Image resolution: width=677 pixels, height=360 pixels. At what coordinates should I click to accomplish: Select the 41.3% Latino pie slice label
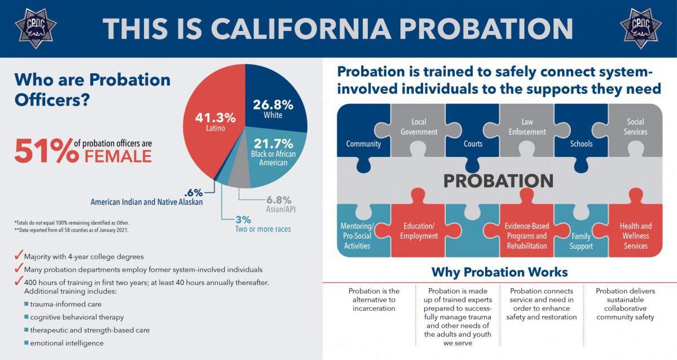pos(210,122)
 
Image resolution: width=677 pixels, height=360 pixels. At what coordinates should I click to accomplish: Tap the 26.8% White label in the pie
pos(272,109)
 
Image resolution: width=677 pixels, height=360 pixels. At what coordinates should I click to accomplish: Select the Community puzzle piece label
pos(363,143)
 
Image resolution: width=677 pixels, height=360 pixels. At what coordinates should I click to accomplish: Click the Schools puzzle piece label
pos(581,143)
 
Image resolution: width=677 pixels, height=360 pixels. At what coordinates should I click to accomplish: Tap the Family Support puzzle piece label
pos(581,242)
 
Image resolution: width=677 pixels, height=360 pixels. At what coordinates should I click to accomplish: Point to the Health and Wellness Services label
pos(635,236)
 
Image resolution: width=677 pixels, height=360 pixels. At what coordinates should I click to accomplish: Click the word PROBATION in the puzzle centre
pos(498,181)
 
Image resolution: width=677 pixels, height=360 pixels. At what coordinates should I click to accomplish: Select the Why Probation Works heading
pos(499,272)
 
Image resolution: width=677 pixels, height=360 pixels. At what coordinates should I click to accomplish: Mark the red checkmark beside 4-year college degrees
pos(19,256)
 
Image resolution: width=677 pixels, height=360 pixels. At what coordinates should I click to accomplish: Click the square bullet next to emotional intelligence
pos(26,343)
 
